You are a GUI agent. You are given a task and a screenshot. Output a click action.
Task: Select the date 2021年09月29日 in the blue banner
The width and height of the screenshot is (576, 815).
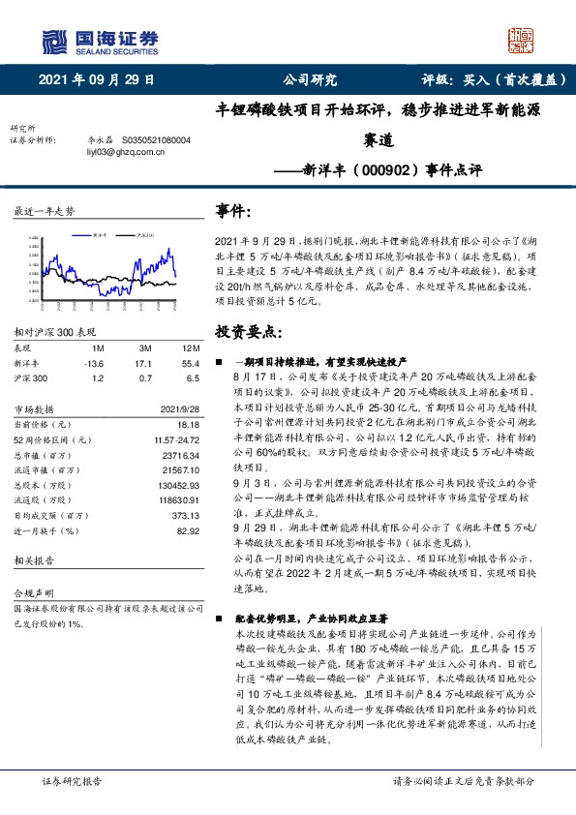click(x=96, y=80)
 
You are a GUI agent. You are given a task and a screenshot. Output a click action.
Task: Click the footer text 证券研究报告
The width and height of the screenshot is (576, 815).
click(x=72, y=780)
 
